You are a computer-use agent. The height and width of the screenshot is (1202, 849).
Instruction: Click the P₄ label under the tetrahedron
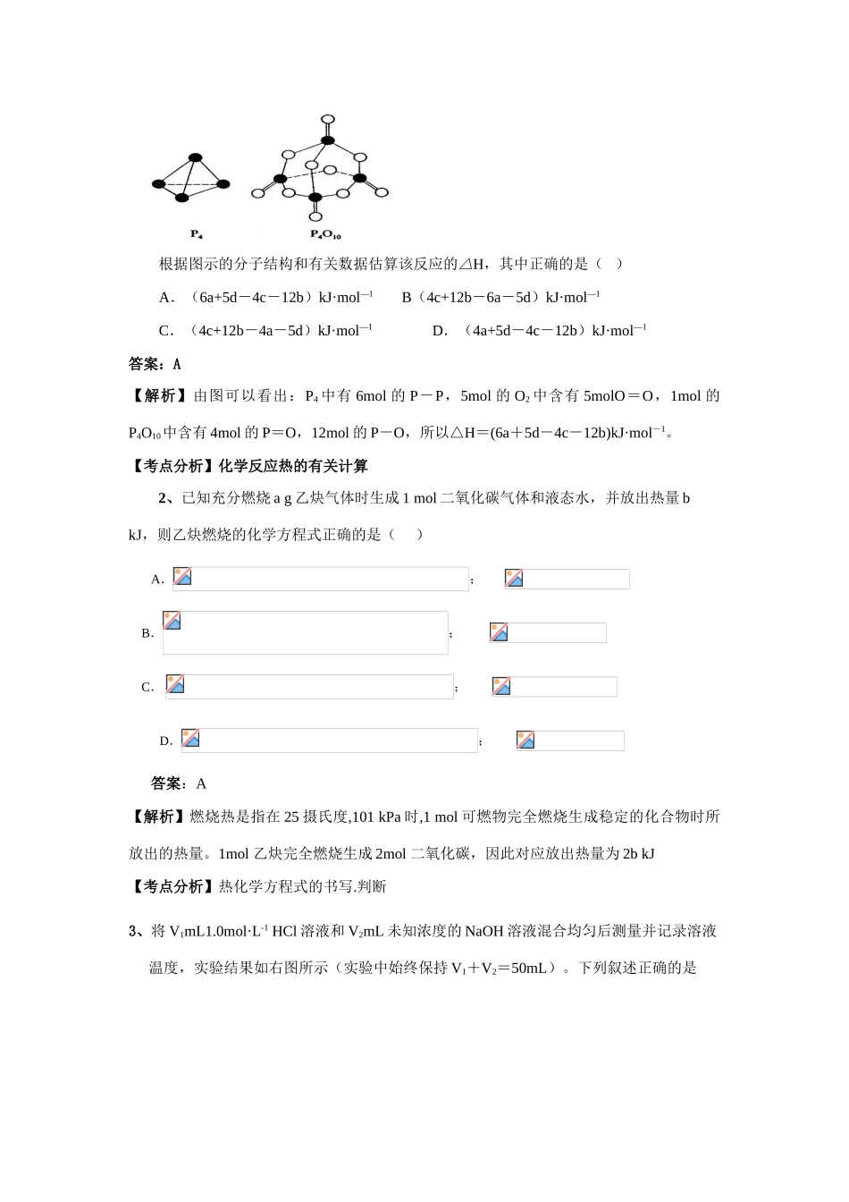(197, 234)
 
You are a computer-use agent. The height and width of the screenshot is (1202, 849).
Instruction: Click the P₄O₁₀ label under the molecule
(325, 234)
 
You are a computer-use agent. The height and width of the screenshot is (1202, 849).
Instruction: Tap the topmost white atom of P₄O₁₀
(328, 118)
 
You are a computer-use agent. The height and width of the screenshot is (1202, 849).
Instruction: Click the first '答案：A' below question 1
(155, 364)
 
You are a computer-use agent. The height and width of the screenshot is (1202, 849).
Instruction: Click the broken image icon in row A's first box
(182, 576)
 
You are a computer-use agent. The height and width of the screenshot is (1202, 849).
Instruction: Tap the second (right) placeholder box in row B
(548, 632)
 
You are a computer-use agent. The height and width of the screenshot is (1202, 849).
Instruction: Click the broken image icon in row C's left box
(175, 684)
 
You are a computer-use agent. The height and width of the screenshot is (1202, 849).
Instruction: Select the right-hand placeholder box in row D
(570, 741)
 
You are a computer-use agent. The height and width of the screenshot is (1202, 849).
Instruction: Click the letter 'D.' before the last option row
(165, 741)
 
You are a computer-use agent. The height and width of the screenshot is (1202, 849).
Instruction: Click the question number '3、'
(136, 931)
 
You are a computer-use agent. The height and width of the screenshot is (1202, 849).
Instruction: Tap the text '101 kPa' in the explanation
(379, 817)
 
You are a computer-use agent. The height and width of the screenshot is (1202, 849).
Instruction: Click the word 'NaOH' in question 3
(483, 931)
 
